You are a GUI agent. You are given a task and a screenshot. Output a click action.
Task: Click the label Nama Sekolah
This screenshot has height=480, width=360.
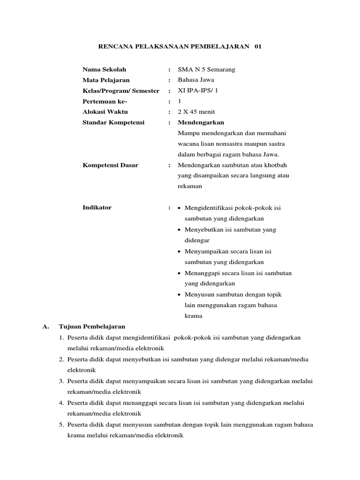(105, 69)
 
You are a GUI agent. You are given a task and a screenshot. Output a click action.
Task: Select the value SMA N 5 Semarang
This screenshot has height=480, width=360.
(206, 69)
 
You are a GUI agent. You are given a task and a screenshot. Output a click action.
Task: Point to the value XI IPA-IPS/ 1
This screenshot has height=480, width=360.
(198, 91)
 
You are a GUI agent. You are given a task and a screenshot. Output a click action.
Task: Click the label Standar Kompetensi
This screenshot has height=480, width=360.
(113, 122)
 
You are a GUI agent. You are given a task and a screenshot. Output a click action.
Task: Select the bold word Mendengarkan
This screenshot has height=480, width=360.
(201, 122)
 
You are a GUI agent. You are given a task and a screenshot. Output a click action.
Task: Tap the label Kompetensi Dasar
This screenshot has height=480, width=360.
(110, 165)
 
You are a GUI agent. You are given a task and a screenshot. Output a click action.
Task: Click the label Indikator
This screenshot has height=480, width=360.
(97, 208)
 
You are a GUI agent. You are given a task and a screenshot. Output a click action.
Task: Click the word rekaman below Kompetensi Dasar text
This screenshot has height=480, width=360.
(190, 186)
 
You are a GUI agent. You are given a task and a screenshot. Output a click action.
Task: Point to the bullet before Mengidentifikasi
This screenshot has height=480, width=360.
(180, 208)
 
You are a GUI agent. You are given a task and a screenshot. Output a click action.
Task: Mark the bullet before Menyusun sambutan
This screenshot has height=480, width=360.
(180, 294)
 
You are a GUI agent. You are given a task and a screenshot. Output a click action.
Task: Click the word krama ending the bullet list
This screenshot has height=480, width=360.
(194, 316)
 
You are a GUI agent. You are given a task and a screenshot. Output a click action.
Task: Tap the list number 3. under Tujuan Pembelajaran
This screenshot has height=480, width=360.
(61, 381)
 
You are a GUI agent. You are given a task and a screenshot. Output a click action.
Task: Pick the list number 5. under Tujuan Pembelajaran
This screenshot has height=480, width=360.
(61, 424)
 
